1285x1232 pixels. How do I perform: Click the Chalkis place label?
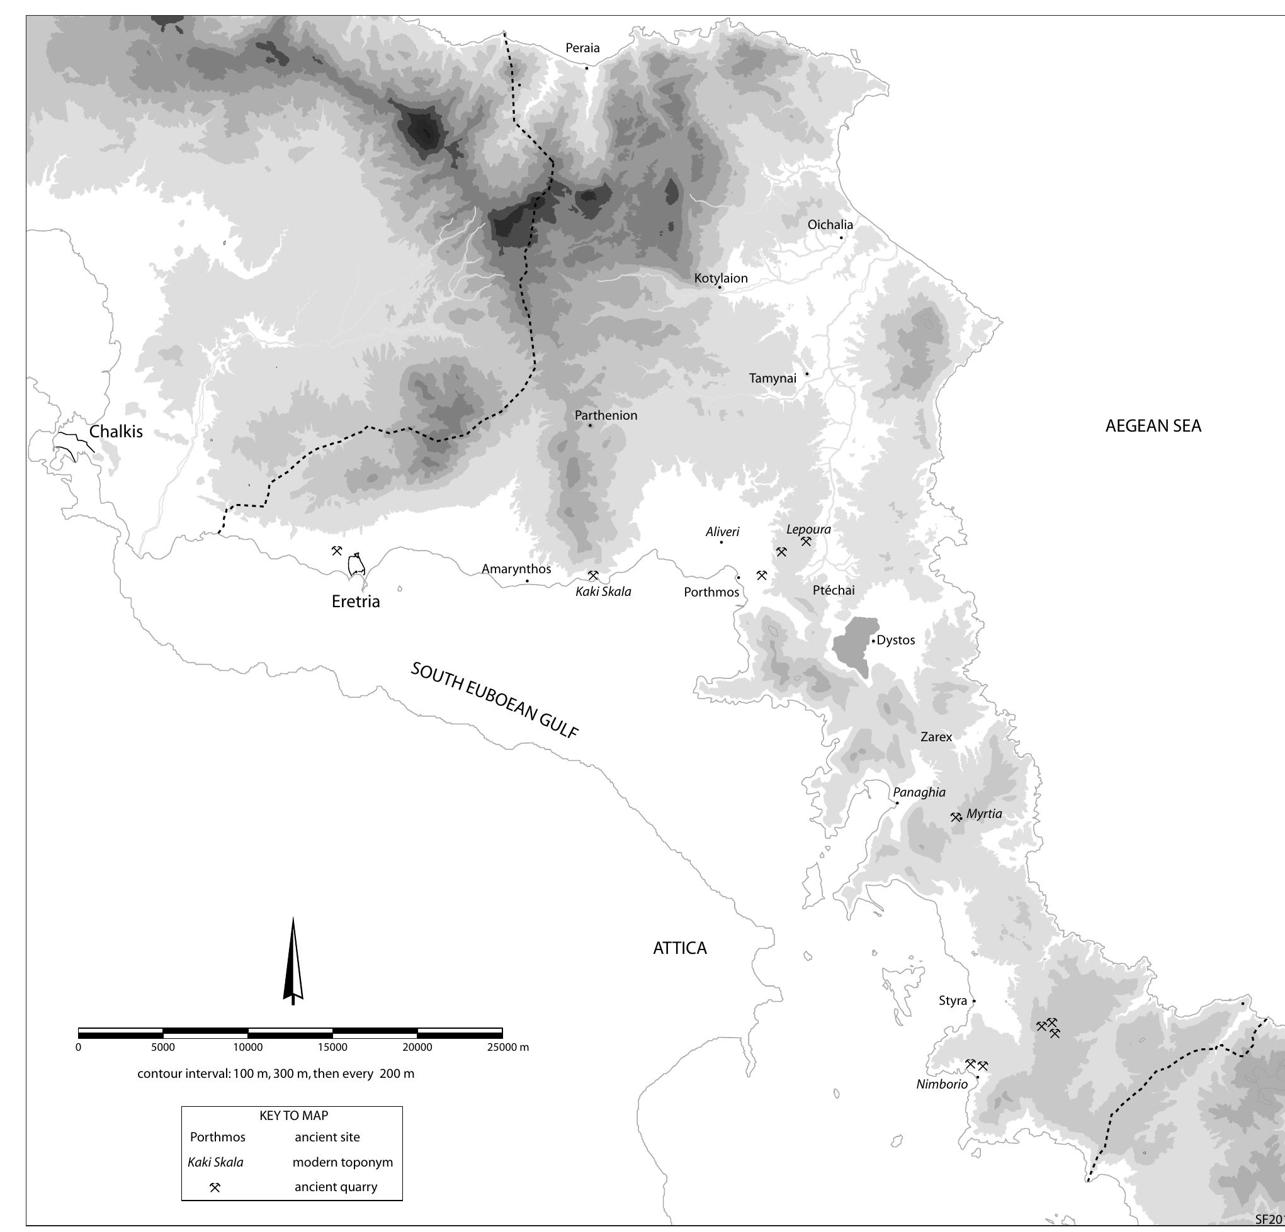pyautogui.click(x=115, y=432)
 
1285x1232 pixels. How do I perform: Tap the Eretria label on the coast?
pyautogui.click(x=355, y=602)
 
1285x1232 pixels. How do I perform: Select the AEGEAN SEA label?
pyautogui.click(x=1153, y=426)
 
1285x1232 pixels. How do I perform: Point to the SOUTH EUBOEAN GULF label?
pyautogui.click(x=494, y=700)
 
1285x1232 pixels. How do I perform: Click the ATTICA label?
pyautogui.click(x=680, y=948)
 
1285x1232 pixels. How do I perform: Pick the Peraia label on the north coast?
pyautogui.click(x=582, y=48)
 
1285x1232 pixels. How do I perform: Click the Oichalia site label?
pyautogui.click(x=830, y=225)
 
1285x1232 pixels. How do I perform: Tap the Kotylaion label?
pyautogui.click(x=720, y=279)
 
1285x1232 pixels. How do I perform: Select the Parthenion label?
pyautogui.click(x=606, y=415)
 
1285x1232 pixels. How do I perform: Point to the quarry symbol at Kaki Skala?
pyautogui.click(x=592, y=575)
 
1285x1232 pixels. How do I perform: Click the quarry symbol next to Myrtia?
pyautogui.click(x=956, y=817)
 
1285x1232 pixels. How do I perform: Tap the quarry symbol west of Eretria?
pyautogui.click(x=336, y=551)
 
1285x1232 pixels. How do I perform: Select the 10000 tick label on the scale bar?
pyautogui.click(x=248, y=1047)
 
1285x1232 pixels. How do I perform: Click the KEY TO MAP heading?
pyautogui.click(x=294, y=1116)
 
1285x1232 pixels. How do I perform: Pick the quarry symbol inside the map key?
pyautogui.click(x=215, y=1187)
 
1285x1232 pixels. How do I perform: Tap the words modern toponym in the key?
pyautogui.click(x=342, y=1163)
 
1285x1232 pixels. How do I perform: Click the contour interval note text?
pyautogui.click(x=275, y=1073)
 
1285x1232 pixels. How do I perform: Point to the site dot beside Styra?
pyautogui.click(x=973, y=1000)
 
